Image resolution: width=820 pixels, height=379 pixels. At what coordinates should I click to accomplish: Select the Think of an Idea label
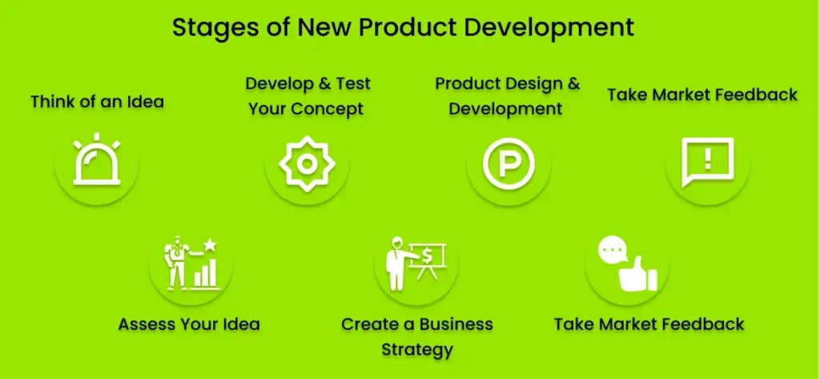(97, 102)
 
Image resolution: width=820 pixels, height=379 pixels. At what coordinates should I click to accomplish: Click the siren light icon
(97, 163)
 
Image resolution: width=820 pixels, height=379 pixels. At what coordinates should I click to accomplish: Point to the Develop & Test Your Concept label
(307, 95)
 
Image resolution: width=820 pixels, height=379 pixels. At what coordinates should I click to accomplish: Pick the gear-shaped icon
(306, 163)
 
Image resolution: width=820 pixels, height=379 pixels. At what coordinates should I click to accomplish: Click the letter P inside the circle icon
(508, 163)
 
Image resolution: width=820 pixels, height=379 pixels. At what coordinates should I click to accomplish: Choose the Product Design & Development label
(507, 95)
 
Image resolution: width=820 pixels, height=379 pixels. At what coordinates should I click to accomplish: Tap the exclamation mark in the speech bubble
(707, 159)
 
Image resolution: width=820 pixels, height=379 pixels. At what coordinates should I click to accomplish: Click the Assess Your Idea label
(189, 325)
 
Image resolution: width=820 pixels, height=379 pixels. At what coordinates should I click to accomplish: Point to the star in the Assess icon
(210, 244)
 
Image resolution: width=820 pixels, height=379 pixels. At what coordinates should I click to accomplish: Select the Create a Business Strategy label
(417, 337)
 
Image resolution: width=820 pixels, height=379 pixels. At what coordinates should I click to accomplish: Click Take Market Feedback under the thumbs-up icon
(649, 325)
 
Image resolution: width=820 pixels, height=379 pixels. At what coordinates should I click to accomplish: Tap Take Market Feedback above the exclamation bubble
(701, 95)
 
